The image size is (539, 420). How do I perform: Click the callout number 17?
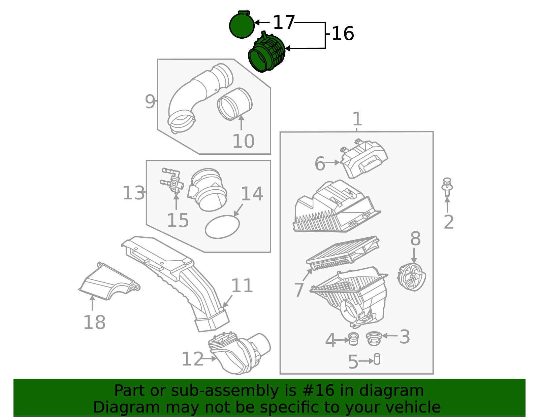(284, 23)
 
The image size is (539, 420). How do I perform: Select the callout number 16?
(343, 34)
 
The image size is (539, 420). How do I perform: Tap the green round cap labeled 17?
(242, 26)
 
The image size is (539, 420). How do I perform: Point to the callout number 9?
(150, 102)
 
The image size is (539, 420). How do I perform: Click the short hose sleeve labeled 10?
(235, 104)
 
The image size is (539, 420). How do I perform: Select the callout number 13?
(133, 193)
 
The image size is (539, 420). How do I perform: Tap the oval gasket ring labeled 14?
(222, 227)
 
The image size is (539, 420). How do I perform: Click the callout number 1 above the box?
(357, 119)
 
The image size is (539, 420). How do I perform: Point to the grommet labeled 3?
(373, 338)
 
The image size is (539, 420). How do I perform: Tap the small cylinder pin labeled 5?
(377, 359)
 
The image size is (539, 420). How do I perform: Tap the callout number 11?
(242, 286)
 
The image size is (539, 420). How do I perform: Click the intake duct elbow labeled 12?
(239, 353)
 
